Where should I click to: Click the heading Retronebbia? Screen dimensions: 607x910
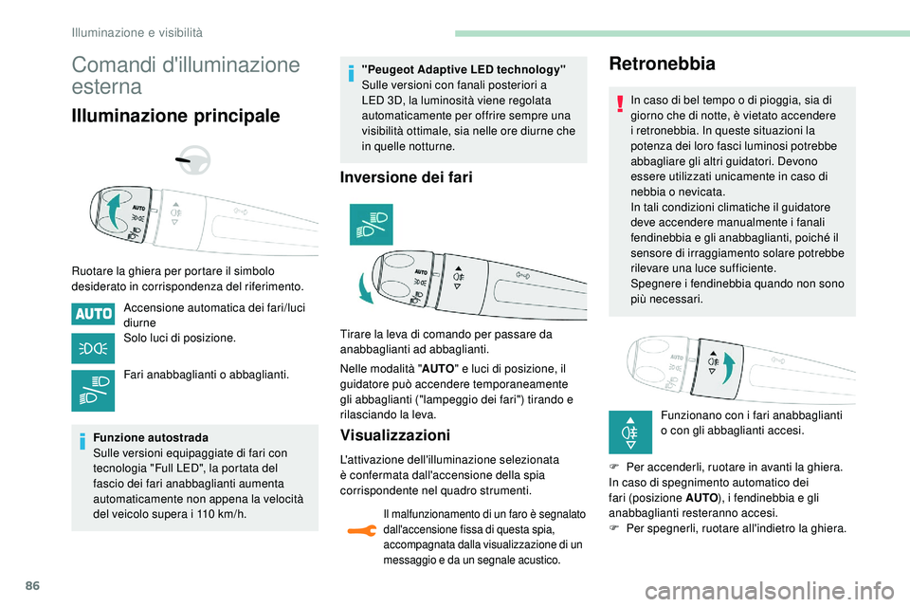point(662,64)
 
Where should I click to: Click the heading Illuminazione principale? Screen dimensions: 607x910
point(175,116)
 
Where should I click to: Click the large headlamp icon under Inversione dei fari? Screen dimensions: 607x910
point(370,224)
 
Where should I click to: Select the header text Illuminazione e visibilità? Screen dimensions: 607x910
point(138,32)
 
